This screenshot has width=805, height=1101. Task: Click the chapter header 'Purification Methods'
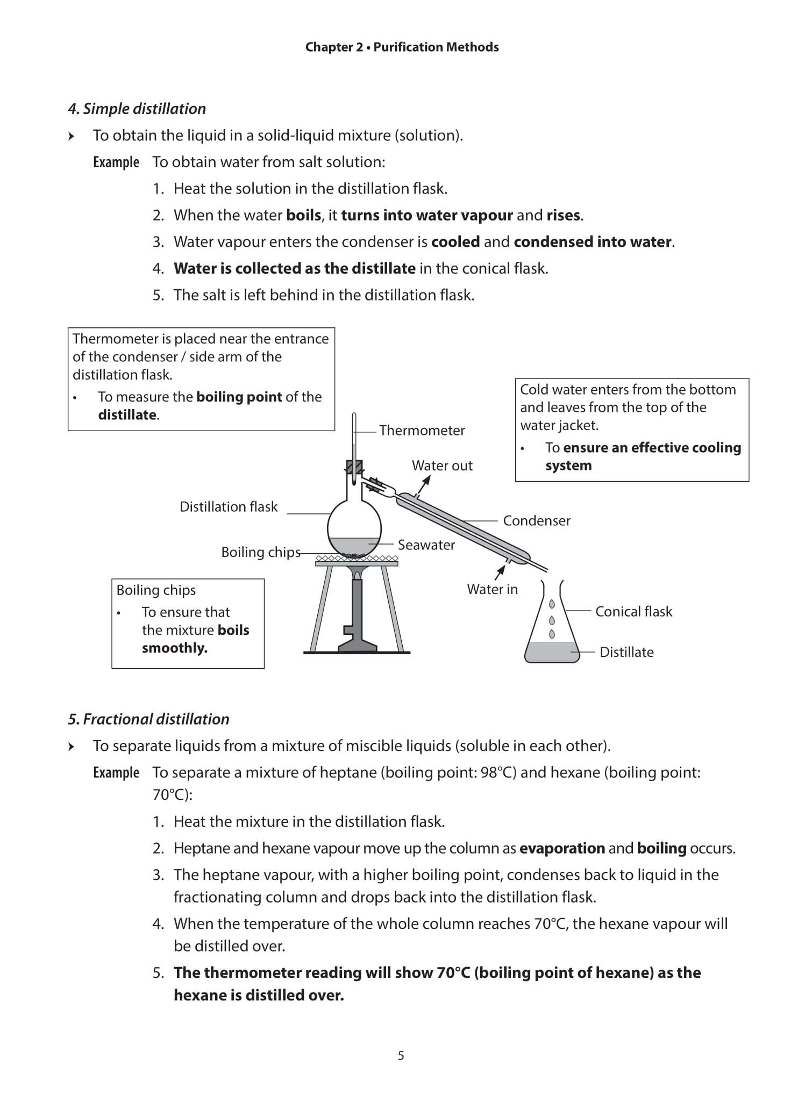pos(436,47)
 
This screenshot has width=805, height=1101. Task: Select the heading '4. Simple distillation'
pos(137,109)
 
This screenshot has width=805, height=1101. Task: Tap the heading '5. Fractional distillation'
pos(148,719)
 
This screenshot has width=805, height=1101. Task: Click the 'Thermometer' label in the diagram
pos(422,431)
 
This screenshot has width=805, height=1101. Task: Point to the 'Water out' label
pos(441,466)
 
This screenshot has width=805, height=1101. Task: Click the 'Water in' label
pos(491,589)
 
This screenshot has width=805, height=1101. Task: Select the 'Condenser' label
pos(536,520)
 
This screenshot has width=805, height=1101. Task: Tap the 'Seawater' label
pos(426,545)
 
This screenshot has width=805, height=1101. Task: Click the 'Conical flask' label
pos(633,611)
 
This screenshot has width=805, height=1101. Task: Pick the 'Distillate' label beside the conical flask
pos(626,652)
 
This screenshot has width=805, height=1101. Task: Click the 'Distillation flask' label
pos(228,506)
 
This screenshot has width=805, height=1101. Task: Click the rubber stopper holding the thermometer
pos(354,467)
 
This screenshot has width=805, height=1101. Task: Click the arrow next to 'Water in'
pos(500,572)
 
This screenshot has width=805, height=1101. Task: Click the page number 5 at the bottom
pos(401,1056)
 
